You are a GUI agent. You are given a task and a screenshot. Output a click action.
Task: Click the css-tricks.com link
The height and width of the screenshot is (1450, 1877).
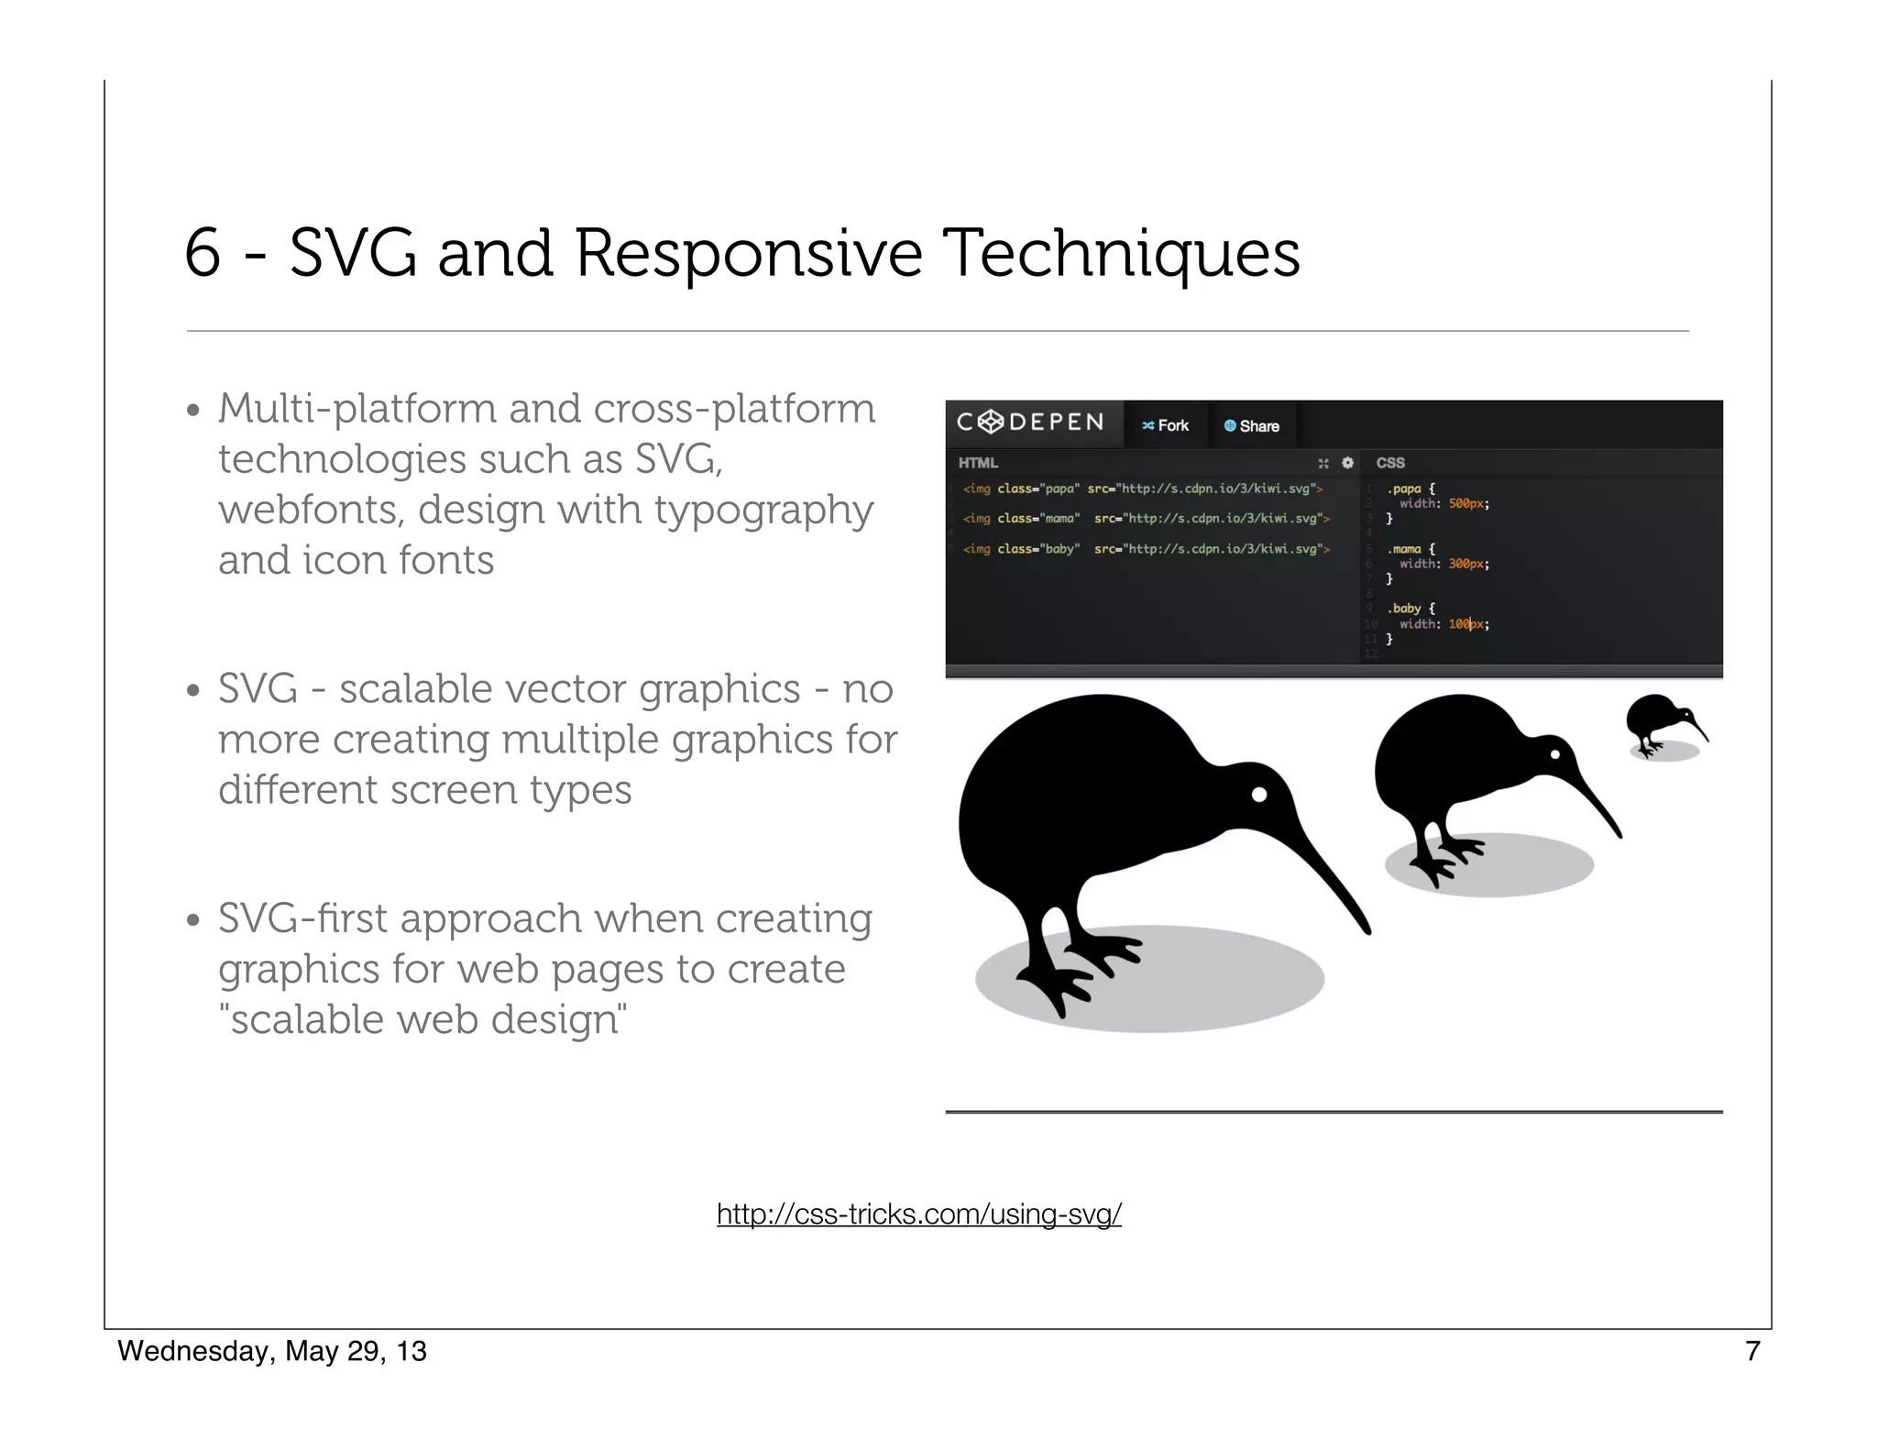click(918, 1214)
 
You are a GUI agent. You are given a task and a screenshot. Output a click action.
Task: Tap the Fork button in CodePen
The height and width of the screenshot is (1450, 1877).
click(1165, 425)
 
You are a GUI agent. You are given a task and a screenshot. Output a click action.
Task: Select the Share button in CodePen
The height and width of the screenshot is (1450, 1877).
click(1251, 425)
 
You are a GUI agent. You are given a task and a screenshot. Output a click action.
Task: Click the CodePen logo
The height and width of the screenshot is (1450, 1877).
click(1030, 423)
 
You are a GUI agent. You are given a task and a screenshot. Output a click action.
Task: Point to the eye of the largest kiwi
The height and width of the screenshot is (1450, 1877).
click(1259, 795)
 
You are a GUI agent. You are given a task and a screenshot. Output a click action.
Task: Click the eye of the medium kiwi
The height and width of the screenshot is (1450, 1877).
click(1555, 755)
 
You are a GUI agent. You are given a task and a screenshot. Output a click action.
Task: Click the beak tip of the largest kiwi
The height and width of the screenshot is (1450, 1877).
click(1367, 930)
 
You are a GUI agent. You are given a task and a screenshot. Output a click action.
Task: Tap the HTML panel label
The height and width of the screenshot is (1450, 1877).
click(978, 463)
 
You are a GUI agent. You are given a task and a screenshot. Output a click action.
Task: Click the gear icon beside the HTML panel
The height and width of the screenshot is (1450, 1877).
click(1347, 463)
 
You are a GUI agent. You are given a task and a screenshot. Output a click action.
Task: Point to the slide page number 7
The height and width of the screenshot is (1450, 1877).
click(1751, 1351)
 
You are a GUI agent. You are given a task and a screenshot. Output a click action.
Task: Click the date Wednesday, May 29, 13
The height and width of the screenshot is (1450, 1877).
click(272, 1351)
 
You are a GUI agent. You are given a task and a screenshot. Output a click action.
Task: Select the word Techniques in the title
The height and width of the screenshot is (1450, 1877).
click(1120, 253)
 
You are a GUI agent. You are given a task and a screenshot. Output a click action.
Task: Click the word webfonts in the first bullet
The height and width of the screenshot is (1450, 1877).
click(311, 510)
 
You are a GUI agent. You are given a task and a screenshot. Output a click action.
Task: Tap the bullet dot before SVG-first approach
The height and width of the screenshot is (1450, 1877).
click(192, 919)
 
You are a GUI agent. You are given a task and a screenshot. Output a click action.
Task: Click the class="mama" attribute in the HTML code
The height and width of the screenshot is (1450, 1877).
click(1038, 519)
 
